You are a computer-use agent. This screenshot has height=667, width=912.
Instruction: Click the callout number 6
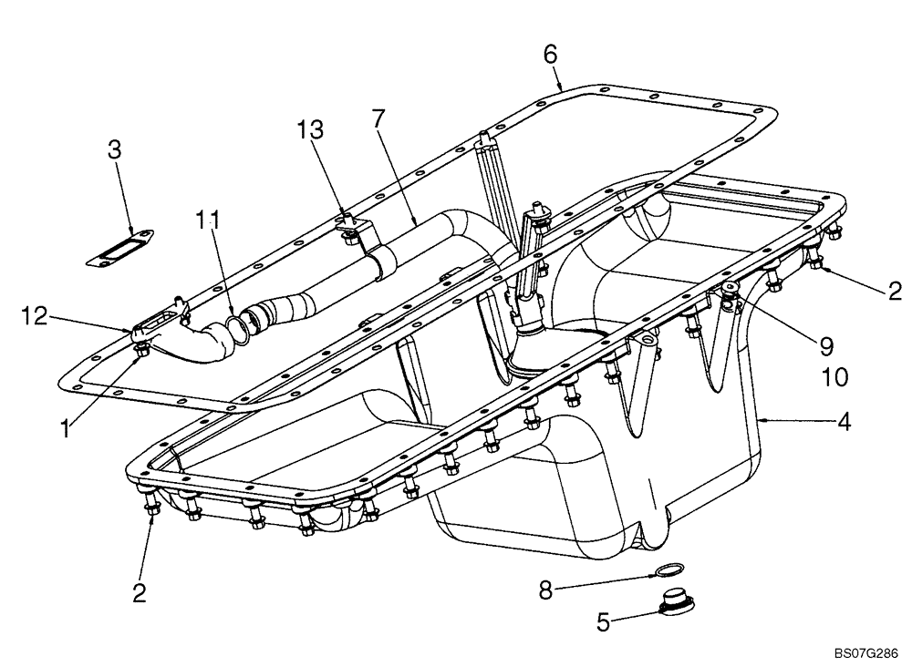click(x=550, y=54)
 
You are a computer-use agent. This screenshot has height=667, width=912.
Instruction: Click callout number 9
click(x=825, y=345)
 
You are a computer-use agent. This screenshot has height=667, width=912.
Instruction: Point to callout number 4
click(x=845, y=423)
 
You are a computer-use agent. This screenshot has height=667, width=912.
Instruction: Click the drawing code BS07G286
click(x=865, y=653)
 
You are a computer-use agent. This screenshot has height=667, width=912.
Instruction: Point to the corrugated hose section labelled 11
click(x=239, y=325)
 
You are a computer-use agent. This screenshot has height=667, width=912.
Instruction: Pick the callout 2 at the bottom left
click(x=139, y=593)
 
